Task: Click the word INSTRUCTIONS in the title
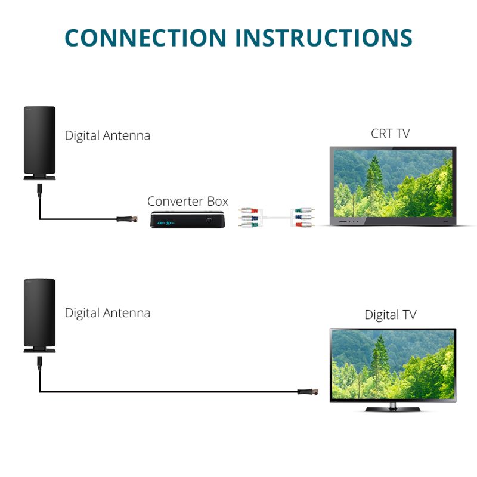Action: pos(324,37)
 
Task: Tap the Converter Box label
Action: pos(188,201)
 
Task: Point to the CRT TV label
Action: pos(391,133)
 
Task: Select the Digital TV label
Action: pos(391,315)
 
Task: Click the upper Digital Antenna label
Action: pos(107,135)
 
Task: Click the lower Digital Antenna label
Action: pos(107,312)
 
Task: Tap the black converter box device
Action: pos(185,219)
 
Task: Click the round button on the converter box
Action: pos(210,221)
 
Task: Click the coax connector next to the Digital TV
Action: pos(308,392)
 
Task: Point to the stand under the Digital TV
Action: pos(393,408)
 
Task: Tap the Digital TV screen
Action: pos(393,364)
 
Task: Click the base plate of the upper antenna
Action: pos(39,177)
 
